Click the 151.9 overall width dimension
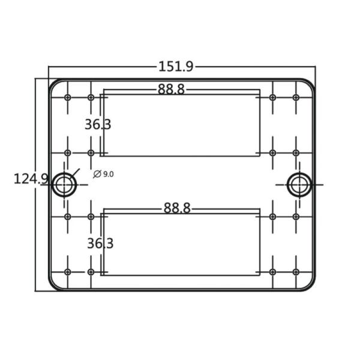coord(175,67)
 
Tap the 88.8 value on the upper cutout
coord(171,89)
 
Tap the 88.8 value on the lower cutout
coord(176,208)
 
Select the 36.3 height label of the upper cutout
coord(97,125)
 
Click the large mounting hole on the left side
coord(64,185)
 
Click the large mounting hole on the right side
coord(298,185)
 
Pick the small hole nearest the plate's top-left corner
coord(67,97)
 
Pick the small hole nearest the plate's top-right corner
coord(296,97)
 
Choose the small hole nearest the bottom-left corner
coord(67,272)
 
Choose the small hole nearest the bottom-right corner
coord(296,272)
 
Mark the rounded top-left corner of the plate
coord(54,83)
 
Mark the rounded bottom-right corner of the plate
coord(310,286)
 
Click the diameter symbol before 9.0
coord(97,174)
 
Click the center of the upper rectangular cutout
coord(181,123)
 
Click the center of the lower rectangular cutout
coord(181,242)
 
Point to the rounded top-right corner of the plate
coord(310,83)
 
